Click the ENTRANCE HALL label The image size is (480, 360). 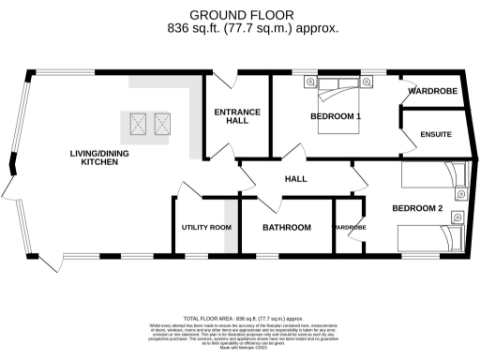[237, 116]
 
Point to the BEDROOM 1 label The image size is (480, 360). [336, 116]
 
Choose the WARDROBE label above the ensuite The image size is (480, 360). [432, 93]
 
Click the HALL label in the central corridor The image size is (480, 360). [296, 179]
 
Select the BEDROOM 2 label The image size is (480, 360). [417, 207]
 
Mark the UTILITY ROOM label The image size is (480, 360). [205, 228]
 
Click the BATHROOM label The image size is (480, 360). [286, 228]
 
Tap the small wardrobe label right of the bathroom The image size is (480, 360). [350, 228]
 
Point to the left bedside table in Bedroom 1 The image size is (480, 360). [308, 83]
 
